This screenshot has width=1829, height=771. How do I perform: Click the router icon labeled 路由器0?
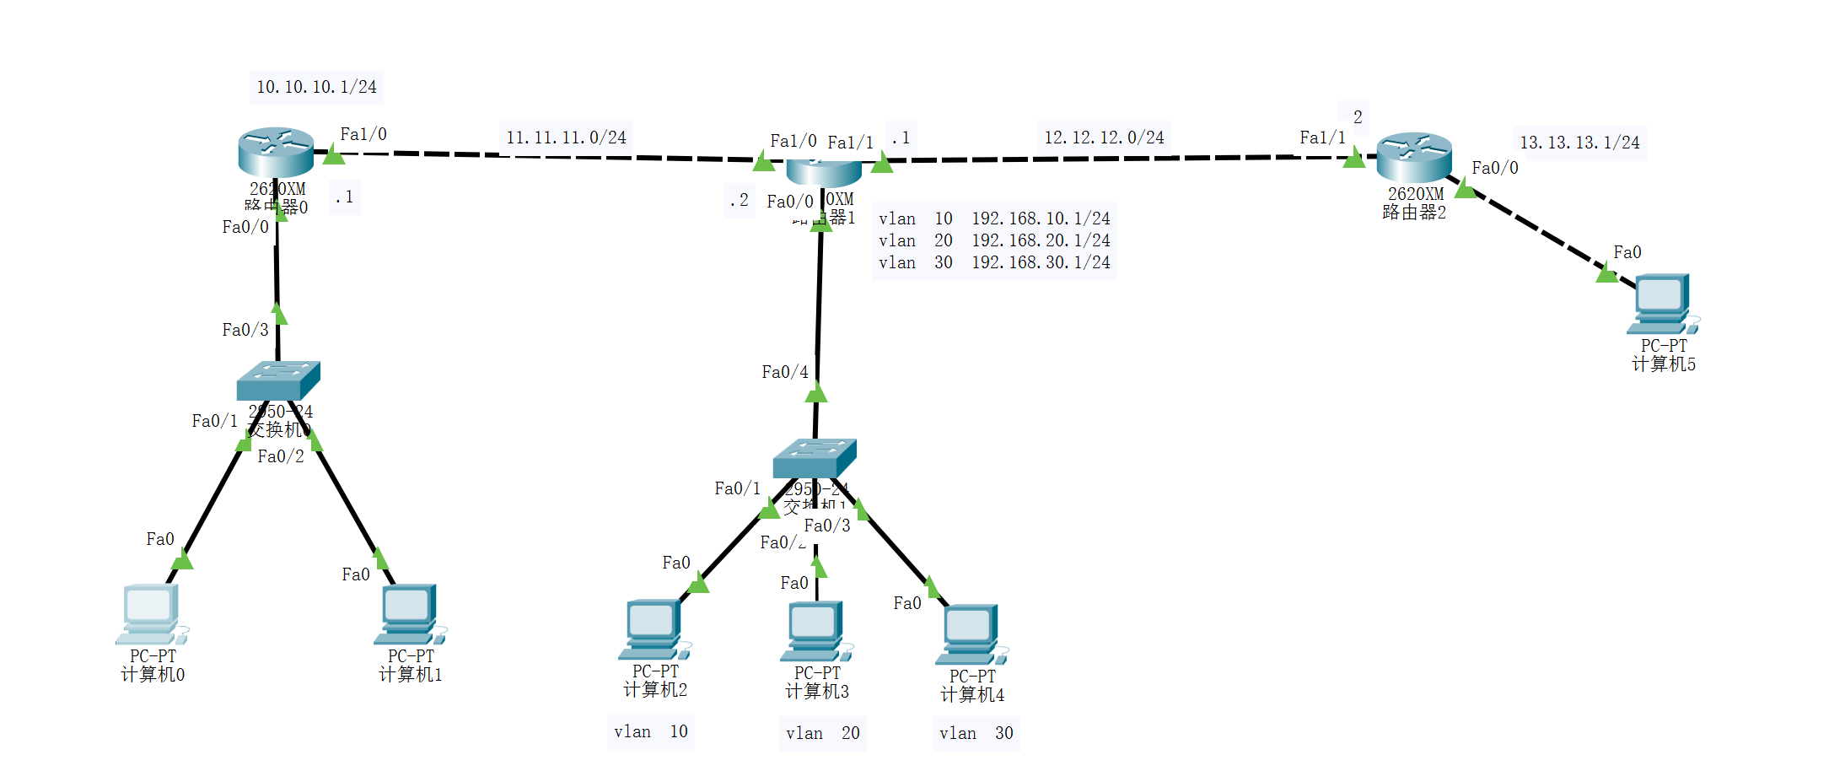276,153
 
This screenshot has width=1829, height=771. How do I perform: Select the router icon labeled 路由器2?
1414,158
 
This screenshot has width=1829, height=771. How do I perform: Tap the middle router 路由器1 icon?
824,171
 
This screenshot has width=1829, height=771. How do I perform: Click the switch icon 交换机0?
278,380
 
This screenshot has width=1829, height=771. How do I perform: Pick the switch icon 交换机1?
814,458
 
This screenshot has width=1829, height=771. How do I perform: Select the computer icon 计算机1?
410,614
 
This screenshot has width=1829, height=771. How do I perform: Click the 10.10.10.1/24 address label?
316,87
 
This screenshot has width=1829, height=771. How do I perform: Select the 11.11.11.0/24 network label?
566,137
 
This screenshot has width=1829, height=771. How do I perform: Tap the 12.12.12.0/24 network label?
1104,137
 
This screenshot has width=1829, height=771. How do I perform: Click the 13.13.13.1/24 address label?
1579,143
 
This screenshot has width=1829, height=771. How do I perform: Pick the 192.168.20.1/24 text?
1041,240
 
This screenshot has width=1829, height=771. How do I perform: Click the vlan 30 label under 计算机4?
976,733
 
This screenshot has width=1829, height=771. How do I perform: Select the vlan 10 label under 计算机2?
650,731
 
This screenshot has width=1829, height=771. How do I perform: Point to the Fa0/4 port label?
784,372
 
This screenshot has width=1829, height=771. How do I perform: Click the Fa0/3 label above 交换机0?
245,330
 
